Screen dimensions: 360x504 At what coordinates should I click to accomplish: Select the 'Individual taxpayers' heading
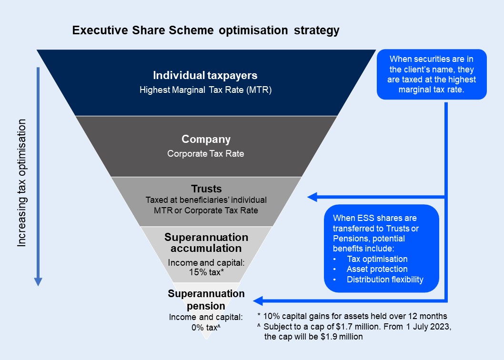[x=205, y=75]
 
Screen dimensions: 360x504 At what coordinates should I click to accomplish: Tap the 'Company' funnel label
[x=206, y=140]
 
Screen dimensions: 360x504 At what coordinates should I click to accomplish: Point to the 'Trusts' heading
[x=206, y=189]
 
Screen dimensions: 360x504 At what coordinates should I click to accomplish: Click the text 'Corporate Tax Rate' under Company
[x=206, y=154]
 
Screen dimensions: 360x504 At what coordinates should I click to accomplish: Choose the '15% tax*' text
[x=206, y=272]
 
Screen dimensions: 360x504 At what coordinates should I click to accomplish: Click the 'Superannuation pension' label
[x=206, y=300]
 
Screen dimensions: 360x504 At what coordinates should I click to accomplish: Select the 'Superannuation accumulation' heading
[x=206, y=243]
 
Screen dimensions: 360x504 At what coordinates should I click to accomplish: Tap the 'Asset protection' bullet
[x=377, y=269]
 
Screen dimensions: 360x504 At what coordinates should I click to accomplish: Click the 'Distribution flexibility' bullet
[x=385, y=280]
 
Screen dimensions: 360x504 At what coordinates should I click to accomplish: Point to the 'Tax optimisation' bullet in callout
[x=377, y=259]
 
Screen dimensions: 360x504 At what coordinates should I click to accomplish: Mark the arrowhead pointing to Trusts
[x=312, y=197]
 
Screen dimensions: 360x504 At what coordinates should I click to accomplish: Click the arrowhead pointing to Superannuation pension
[x=258, y=301]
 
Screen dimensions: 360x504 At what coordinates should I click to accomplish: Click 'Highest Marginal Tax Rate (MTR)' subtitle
[x=205, y=90]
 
